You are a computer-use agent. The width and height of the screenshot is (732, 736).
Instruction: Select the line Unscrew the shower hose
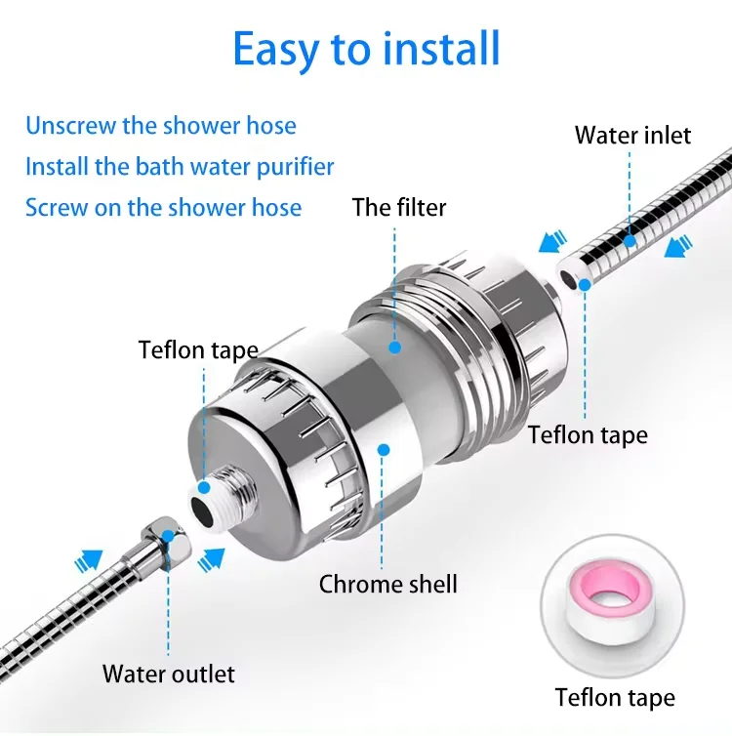tap(161, 126)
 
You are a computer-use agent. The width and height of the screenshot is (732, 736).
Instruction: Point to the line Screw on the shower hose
tap(163, 207)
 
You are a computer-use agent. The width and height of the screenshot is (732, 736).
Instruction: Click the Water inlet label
tap(632, 135)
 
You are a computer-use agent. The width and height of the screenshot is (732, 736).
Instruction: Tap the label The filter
tap(399, 207)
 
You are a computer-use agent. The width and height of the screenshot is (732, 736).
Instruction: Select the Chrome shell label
tap(388, 584)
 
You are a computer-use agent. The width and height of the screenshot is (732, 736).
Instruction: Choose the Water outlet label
tap(169, 674)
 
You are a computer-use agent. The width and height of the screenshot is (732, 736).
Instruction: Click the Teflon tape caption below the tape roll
tap(615, 697)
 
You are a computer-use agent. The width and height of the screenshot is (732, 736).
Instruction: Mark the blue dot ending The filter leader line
tap(394, 346)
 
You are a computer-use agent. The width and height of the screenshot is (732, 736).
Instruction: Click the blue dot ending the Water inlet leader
tap(630, 240)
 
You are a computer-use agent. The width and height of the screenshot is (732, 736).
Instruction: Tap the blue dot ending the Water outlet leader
tap(168, 535)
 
